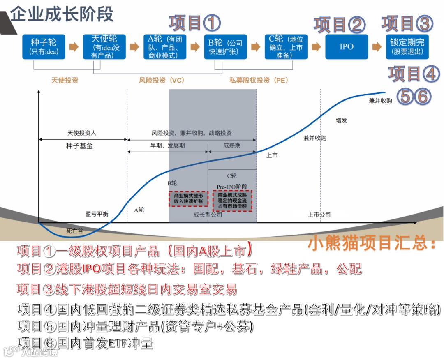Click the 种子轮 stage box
(x=44, y=46)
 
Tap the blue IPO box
(x=347, y=46)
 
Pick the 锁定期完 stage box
(x=407, y=46)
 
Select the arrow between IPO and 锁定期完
(x=377, y=46)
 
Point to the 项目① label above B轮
(x=194, y=23)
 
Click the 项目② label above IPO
(x=340, y=25)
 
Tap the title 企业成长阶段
(x=62, y=14)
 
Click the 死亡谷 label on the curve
(x=74, y=231)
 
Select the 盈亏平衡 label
(x=97, y=214)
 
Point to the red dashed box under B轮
(x=188, y=198)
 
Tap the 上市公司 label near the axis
(x=319, y=215)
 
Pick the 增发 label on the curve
(x=341, y=120)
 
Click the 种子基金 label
(x=79, y=146)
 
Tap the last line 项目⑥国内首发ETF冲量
(x=85, y=343)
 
